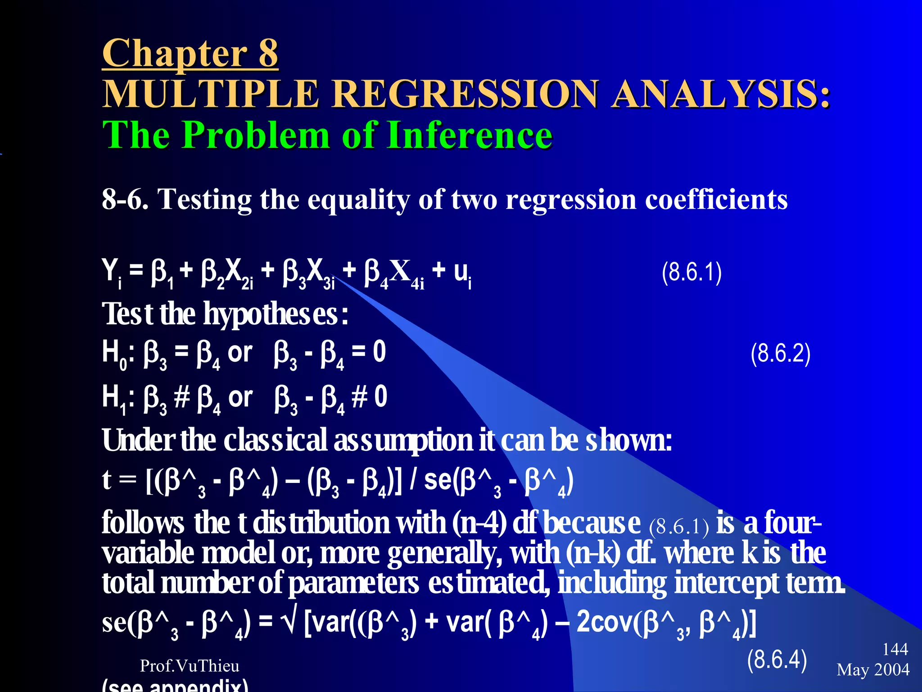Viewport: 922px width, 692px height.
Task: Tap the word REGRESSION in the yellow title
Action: (466, 94)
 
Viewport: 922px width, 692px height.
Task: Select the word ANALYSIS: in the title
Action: (720, 94)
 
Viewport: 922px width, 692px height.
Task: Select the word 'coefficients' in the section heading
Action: (716, 199)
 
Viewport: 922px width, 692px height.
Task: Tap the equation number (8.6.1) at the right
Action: (691, 272)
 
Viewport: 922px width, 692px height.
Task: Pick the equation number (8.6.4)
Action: (777, 660)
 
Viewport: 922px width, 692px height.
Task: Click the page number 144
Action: (895, 649)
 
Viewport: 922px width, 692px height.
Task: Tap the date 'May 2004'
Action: (873, 669)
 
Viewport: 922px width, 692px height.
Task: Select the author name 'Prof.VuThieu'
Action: (190, 665)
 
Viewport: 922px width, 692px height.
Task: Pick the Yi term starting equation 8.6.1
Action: (112, 273)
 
